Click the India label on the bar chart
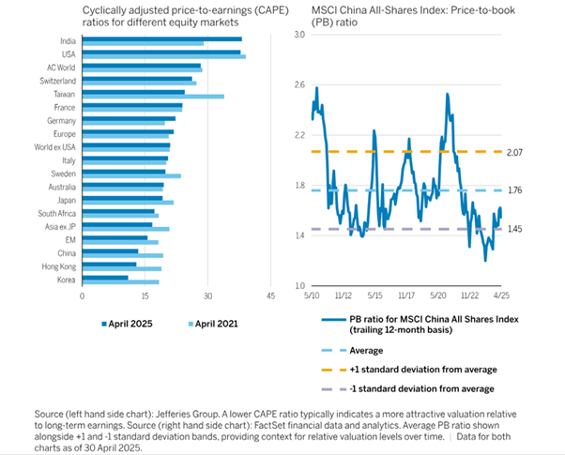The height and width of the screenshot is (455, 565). click(68, 41)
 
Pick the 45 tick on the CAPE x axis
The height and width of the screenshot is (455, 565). click(269, 296)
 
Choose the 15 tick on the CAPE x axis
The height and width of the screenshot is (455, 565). click(145, 296)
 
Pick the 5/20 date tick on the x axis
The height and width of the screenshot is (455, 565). click(439, 295)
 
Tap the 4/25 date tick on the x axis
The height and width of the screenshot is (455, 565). click(503, 295)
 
